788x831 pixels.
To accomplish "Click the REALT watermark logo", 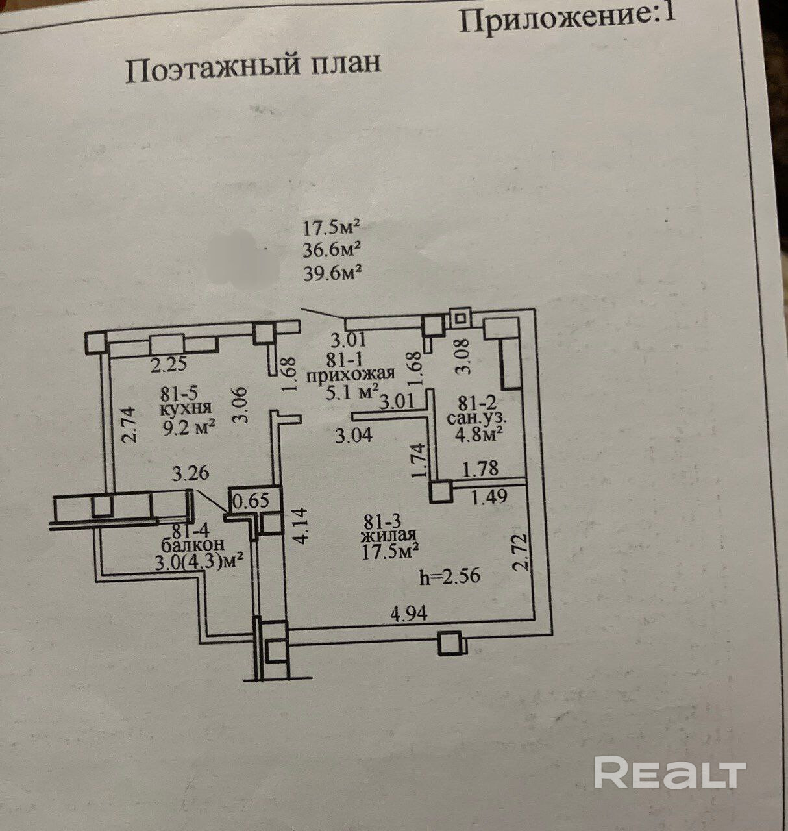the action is pyautogui.click(x=669, y=773).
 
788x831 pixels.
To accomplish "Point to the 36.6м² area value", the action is pyautogui.click(x=332, y=251).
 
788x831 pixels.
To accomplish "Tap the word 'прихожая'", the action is pyautogui.click(x=351, y=374).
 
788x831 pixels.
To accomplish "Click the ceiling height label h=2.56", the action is pyautogui.click(x=450, y=577).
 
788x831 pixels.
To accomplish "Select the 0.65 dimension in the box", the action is pyautogui.click(x=251, y=501).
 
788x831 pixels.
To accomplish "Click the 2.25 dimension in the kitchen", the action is pyautogui.click(x=169, y=365).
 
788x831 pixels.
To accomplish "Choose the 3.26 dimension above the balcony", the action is pyautogui.click(x=190, y=473).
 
